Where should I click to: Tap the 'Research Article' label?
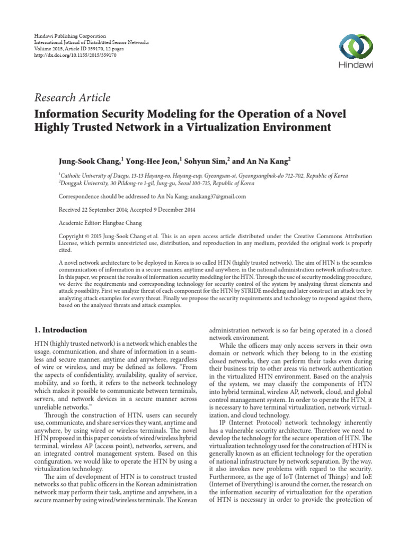(x=72, y=97)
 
